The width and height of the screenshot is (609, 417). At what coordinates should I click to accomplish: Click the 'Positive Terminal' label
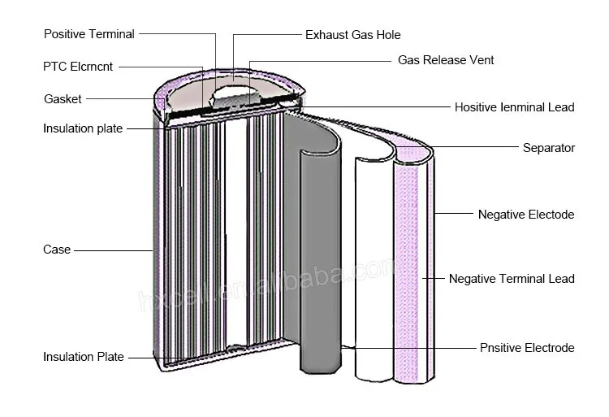tap(89, 34)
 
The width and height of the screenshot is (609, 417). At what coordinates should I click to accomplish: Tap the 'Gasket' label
tap(63, 99)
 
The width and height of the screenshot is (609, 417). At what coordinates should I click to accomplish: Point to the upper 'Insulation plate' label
tap(84, 129)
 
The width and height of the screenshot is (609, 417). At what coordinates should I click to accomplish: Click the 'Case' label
tap(57, 250)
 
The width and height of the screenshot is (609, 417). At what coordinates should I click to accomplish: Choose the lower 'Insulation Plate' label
tap(84, 357)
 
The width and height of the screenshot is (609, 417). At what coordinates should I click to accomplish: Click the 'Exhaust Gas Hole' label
tap(352, 35)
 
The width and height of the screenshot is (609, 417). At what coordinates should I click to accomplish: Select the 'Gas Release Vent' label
tap(446, 60)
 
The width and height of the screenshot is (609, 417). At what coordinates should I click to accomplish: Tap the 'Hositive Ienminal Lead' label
tap(514, 107)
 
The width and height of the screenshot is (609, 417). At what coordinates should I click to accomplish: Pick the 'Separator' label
tap(549, 148)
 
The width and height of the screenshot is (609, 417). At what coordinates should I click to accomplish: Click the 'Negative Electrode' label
tap(525, 215)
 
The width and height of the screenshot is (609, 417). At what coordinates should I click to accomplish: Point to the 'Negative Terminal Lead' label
tap(512, 279)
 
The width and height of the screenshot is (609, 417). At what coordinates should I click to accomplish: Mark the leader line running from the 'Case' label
tap(114, 250)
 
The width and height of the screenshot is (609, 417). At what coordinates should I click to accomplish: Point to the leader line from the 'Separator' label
tap(479, 148)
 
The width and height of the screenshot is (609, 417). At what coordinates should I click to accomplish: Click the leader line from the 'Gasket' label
tap(122, 99)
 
